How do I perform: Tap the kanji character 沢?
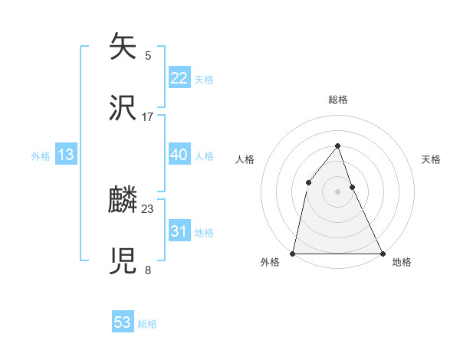click(123, 108)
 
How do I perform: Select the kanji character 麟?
click(123, 201)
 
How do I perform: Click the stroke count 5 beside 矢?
click(148, 55)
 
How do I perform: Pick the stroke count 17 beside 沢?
click(148, 116)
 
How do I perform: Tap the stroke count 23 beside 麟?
click(148, 208)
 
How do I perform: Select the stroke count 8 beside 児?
click(148, 270)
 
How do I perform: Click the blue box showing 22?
click(179, 78)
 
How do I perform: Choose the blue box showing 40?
click(179, 155)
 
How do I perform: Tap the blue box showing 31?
click(179, 231)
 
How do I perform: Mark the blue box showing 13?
click(66, 155)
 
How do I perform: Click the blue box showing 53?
click(123, 322)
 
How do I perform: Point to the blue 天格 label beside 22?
click(204, 80)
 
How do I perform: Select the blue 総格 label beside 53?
click(147, 324)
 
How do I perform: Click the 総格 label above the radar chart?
click(337, 100)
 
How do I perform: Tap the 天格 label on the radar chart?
click(431, 159)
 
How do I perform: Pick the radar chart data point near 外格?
click(293, 253)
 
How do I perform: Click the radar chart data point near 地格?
click(382, 253)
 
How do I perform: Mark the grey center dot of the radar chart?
click(337, 191)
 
